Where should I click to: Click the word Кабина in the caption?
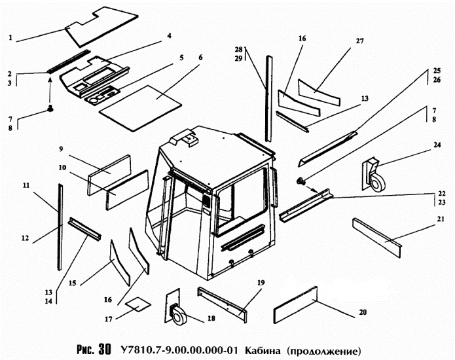point(263,349)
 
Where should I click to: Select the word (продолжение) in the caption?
point(323,349)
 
